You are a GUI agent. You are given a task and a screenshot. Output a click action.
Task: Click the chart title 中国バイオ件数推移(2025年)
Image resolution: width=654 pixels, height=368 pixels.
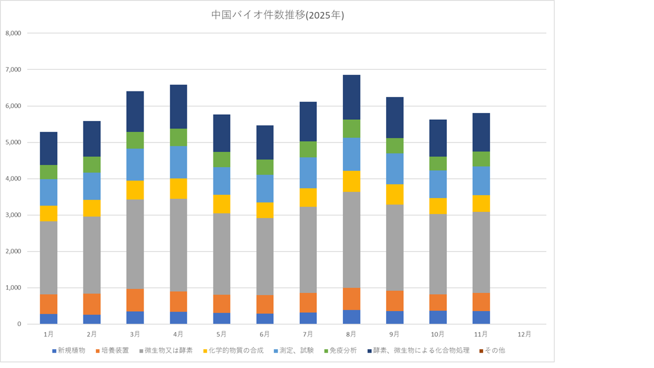click(278, 16)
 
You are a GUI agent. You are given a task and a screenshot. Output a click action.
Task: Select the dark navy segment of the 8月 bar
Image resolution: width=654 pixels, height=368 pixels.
click(351, 97)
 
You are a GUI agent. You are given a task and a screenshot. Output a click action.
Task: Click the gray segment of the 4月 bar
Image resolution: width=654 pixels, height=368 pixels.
click(178, 245)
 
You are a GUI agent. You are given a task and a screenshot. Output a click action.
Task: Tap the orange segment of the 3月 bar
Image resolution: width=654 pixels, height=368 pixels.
click(135, 300)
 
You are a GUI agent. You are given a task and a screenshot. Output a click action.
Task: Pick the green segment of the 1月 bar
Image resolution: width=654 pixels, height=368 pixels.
click(48, 172)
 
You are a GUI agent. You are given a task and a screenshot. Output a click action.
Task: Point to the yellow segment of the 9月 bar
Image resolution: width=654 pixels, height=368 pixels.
click(395, 194)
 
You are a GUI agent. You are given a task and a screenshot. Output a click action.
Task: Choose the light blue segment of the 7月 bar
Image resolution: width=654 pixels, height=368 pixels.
click(308, 173)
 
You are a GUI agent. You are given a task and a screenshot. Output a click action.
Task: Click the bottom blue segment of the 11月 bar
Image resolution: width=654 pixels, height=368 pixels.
click(481, 317)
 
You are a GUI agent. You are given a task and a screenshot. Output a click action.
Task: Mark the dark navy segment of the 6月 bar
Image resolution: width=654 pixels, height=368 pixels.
click(265, 143)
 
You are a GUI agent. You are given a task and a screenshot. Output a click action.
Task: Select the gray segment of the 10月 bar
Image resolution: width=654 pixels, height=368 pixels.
click(438, 254)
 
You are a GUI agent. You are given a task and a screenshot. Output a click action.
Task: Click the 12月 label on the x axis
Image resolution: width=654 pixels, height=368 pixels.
click(525, 334)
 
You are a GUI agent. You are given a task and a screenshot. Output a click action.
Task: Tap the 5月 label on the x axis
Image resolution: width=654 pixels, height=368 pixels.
click(221, 334)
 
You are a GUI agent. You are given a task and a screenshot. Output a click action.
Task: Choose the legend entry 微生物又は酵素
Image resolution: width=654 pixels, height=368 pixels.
click(169, 350)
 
